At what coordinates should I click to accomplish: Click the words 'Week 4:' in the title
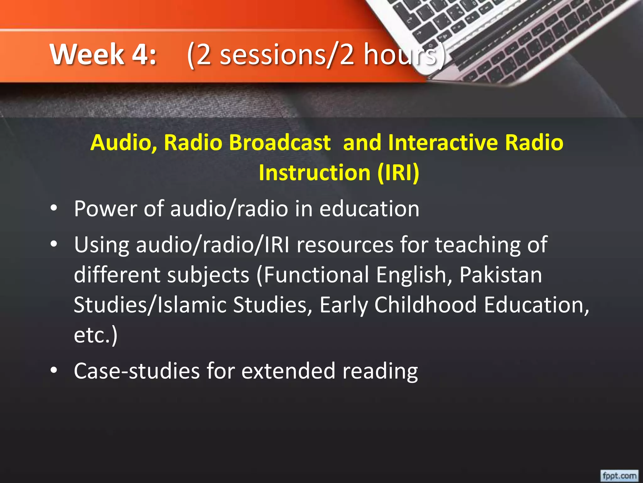(103, 54)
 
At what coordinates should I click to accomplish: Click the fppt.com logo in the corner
(619, 476)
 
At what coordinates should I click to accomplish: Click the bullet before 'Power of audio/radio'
(54, 208)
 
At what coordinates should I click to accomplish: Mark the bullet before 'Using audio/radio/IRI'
(54, 244)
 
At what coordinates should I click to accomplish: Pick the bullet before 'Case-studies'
(54, 370)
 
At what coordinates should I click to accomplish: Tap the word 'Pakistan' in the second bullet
(500, 275)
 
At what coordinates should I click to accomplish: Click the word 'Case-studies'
(137, 371)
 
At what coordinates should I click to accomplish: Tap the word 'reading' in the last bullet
(380, 371)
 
